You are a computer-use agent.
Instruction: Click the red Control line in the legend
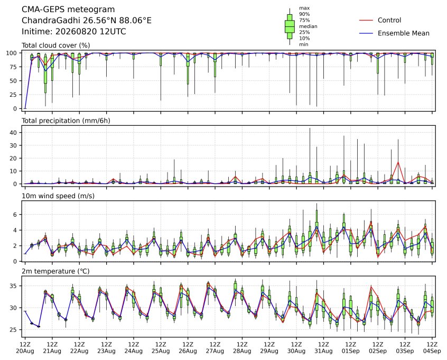click(366, 20)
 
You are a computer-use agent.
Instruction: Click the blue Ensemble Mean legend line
click(366, 33)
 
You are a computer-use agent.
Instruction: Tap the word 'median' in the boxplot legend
click(308, 26)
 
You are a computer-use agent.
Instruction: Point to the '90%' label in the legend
click(304, 14)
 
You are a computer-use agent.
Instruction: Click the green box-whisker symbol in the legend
click(290, 26)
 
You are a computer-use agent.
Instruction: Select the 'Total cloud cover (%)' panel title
click(56, 45)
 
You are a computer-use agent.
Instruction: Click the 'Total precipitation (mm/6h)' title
click(66, 121)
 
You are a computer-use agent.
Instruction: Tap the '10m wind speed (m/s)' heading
click(58, 196)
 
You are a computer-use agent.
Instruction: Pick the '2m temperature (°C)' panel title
click(55, 271)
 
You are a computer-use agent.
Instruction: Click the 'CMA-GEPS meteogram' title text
click(68, 10)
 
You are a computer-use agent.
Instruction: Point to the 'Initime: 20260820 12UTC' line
click(74, 31)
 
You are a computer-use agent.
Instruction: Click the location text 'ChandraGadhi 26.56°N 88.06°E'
click(87, 21)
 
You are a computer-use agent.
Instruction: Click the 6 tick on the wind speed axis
click(16, 215)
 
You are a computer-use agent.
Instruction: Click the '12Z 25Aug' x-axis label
click(161, 348)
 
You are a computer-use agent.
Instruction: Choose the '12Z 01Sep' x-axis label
click(351, 348)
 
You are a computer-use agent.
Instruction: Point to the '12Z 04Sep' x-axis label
click(432, 348)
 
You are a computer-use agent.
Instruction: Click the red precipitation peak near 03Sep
click(398, 162)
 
